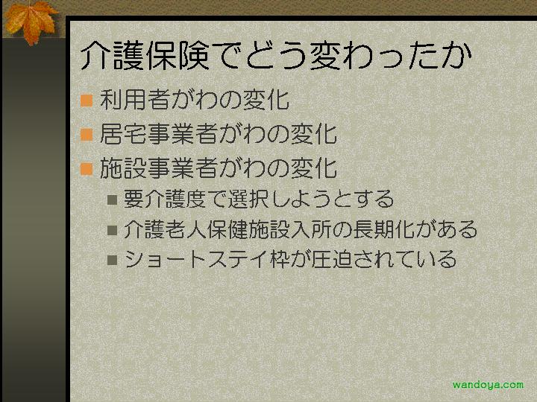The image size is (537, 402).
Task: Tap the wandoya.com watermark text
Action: (488, 385)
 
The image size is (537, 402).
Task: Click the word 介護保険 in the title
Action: (145, 55)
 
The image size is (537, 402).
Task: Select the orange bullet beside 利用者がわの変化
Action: (87, 100)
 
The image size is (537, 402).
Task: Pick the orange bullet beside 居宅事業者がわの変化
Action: (87, 134)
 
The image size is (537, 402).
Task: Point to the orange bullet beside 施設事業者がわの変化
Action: (87, 169)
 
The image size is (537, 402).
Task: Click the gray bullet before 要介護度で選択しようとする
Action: (113, 200)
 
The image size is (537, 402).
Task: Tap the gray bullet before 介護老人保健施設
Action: (113, 230)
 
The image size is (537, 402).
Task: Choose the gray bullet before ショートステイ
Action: (113, 260)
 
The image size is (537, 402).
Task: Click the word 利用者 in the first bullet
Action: (135, 100)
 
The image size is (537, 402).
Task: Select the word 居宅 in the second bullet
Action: (124, 134)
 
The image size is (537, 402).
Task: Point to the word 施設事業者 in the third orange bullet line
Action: (159, 168)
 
